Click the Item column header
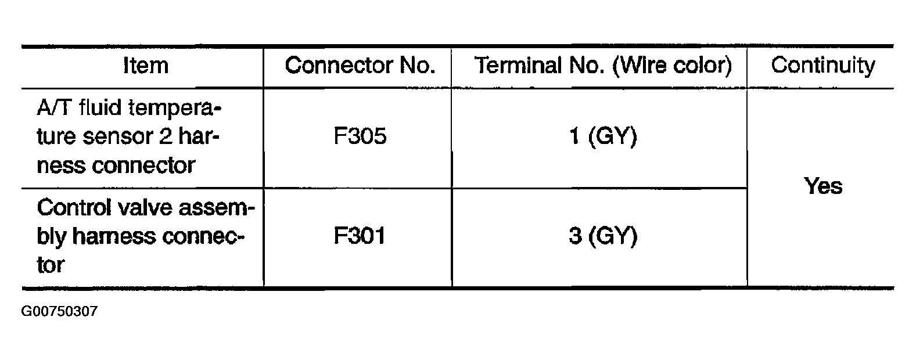point(146,66)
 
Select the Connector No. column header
point(360,66)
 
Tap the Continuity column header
point(822,66)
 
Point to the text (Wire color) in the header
point(672,66)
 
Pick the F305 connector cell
point(360,136)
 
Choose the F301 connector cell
point(360,236)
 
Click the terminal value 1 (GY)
point(603,136)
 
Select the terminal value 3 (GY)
point(603,236)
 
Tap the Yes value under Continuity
point(823,186)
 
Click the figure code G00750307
point(59,311)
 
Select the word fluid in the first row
point(100,107)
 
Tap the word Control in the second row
point(74,207)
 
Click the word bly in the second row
point(51,237)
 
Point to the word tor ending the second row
point(51,265)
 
